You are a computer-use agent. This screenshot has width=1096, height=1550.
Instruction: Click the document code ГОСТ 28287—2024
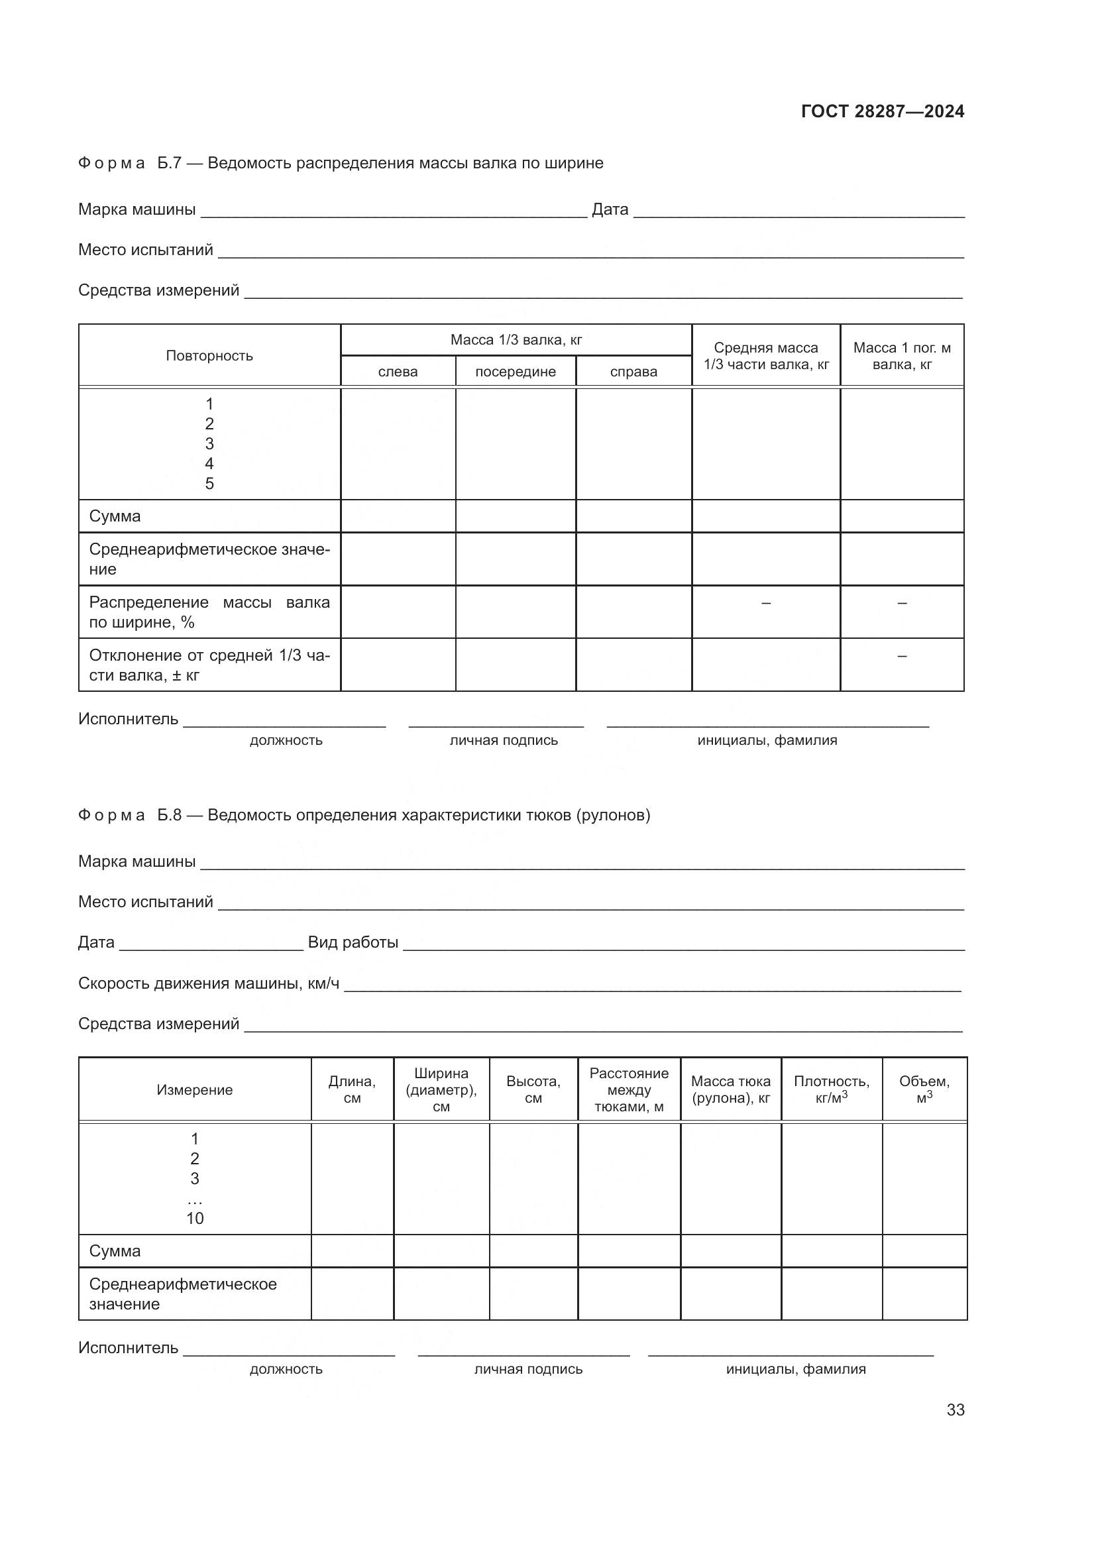click(882, 111)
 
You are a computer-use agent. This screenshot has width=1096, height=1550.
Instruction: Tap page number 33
click(955, 1410)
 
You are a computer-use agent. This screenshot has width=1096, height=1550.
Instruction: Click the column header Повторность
click(209, 356)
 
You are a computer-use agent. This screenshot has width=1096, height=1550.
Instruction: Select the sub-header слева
click(398, 371)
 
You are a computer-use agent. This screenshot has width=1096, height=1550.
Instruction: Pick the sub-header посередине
click(515, 371)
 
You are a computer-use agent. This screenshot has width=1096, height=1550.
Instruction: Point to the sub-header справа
click(633, 371)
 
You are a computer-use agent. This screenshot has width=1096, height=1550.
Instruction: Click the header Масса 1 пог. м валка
click(902, 356)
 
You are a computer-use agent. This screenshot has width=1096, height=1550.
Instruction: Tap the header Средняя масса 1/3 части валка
click(765, 356)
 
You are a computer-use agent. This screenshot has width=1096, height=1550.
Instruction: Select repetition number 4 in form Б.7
click(209, 463)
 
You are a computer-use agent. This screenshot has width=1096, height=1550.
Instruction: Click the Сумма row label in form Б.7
click(115, 516)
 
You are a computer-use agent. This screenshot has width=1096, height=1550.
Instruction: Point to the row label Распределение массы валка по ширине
click(209, 612)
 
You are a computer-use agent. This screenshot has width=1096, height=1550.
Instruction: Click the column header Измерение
click(194, 1089)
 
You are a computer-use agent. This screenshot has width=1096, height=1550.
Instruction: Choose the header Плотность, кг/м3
click(831, 1089)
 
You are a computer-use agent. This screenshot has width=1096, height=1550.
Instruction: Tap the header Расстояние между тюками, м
click(628, 1089)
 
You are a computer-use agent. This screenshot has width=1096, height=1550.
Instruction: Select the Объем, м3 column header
click(924, 1089)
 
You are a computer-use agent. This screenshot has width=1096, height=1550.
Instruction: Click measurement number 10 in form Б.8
click(194, 1218)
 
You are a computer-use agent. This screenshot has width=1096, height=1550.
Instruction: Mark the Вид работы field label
click(353, 942)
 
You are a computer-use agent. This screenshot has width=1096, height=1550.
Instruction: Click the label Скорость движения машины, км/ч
click(209, 983)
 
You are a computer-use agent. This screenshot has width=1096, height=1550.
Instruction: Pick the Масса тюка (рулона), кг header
click(730, 1089)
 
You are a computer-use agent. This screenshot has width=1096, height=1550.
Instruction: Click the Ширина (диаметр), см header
click(441, 1089)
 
